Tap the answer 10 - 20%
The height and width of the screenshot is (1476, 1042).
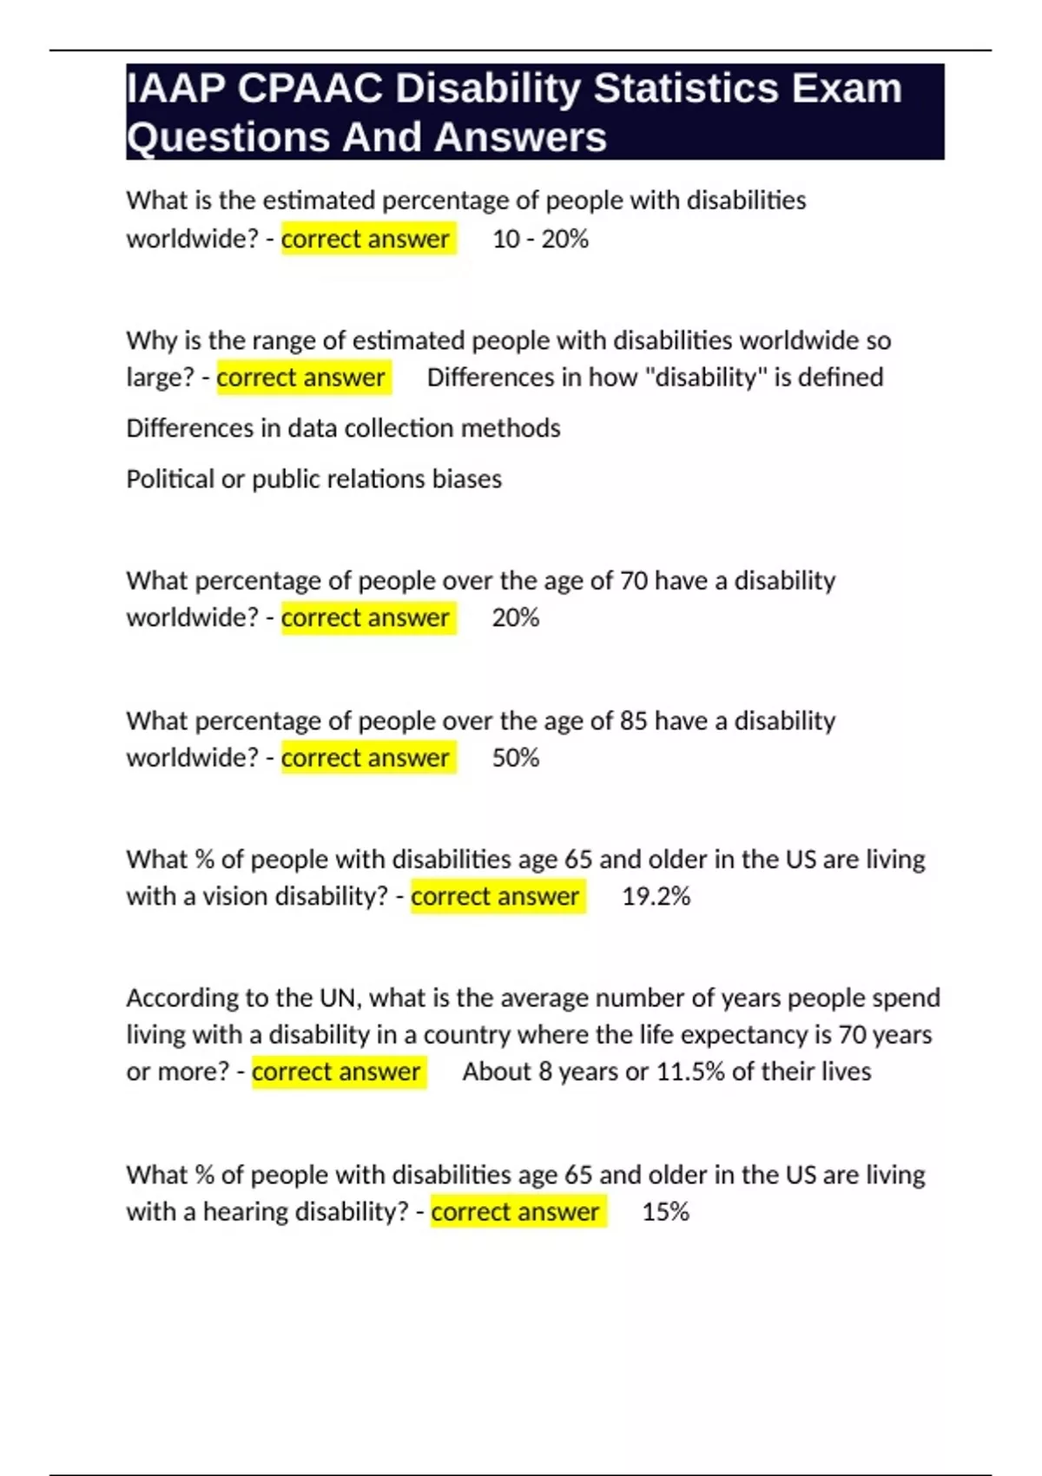[x=540, y=239]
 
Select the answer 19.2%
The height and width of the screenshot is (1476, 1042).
[x=656, y=896]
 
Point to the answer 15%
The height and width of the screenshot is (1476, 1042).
[x=665, y=1211]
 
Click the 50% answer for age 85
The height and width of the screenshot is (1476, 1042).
[x=516, y=758]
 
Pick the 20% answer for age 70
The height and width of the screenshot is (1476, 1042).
[x=516, y=617]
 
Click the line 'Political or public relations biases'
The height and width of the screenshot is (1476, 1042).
[x=313, y=478]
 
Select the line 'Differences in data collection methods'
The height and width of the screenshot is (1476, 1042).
[x=343, y=428]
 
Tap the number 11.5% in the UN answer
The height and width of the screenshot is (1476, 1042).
[x=690, y=1071]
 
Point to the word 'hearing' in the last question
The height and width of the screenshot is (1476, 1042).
[x=246, y=1211]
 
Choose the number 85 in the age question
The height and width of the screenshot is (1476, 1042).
[x=633, y=721]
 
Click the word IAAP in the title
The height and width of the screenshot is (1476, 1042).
[x=176, y=89]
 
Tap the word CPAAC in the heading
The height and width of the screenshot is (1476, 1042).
[x=310, y=89]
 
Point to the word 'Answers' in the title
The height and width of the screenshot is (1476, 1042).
[x=520, y=137]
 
